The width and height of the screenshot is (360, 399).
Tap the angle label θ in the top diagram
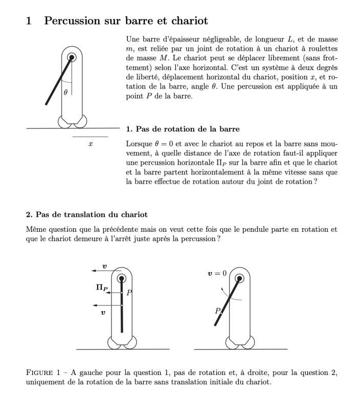(65, 93)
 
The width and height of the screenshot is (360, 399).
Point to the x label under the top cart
(90, 145)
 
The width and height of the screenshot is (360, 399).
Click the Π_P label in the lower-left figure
(102, 289)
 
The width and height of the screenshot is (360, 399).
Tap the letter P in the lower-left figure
(129, 293)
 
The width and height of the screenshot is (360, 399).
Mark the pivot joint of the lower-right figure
(239, 278)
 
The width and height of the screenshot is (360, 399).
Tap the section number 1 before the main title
(29, 21)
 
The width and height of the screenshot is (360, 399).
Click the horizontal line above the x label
(90, 137)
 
